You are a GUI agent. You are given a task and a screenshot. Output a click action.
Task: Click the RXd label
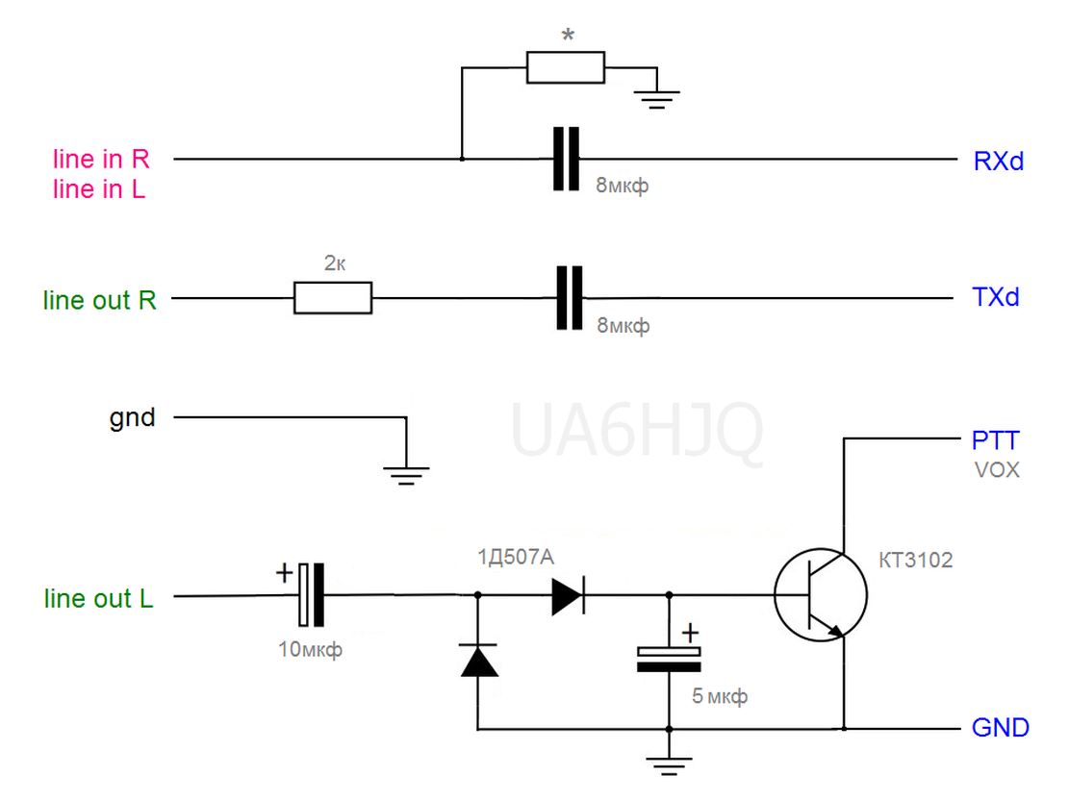coord(998,162)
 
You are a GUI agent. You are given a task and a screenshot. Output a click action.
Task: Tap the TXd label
coord(995,297)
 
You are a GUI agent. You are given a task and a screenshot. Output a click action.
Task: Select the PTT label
coord(995,440)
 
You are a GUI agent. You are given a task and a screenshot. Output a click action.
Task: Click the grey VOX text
coord(997,470)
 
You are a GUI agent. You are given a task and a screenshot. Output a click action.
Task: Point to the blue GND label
coord(1000,728)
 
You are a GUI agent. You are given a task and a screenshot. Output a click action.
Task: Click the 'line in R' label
coord(101,159)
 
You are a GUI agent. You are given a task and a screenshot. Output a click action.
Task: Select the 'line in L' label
coord(99,188)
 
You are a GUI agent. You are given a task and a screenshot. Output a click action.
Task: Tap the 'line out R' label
coord(99,300)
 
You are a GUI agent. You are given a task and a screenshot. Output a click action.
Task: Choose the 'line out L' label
coord(99,598)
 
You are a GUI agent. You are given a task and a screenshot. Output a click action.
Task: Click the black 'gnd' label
coord(132,417)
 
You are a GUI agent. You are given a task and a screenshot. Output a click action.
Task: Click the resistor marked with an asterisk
coord(566,67)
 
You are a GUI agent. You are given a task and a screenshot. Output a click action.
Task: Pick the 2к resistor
coord(333,298)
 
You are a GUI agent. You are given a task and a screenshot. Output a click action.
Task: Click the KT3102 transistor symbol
coord(821,595)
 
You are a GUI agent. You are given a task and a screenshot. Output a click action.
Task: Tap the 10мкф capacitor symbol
coord(311,595)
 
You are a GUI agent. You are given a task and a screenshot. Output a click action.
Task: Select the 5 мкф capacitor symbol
coord(669,659)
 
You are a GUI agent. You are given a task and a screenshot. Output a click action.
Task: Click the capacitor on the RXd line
coord(566,159)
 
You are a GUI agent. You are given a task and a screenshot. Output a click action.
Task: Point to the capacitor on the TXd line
coord(570,298)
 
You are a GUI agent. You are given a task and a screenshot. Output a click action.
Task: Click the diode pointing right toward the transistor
coord(568,595)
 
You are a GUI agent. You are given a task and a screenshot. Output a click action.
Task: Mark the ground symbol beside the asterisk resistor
coord(656,99)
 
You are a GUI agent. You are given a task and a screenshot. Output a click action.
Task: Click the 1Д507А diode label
coord(516,558)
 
